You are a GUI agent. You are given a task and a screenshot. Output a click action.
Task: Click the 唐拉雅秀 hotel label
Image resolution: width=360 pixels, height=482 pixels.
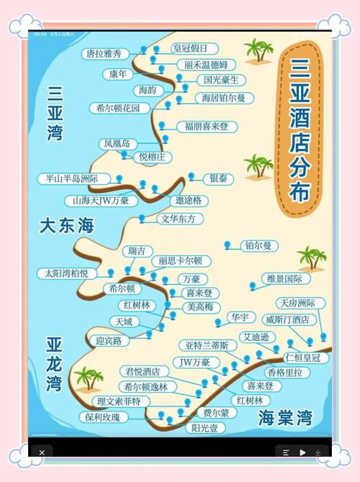[x=104, y=54]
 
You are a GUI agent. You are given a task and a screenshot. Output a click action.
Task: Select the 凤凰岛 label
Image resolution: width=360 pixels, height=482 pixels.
[x=116, y=144]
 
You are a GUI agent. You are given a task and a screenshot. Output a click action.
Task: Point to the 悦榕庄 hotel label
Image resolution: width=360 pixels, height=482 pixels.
[x=152, y=156]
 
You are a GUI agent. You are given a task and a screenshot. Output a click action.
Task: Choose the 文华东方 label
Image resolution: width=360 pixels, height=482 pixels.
[x=177, y=218]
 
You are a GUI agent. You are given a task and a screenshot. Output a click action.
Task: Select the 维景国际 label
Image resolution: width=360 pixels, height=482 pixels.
[x=284, y=278]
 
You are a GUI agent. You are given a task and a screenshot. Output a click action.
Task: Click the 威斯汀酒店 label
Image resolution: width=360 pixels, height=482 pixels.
[x=287, y=319]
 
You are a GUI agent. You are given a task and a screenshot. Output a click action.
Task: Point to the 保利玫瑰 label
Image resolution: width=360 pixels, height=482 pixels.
[x=102, y=417]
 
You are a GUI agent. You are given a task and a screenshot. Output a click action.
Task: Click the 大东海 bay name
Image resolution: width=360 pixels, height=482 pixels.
[x=67, y=226]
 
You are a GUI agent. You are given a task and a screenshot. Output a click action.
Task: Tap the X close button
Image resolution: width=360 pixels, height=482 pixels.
[x=42, y=453]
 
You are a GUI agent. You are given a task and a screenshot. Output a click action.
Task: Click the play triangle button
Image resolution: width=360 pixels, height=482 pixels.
[x=303, y=453]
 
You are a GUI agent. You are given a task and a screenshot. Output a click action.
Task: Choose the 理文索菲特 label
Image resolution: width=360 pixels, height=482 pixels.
[x=119, y=401]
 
